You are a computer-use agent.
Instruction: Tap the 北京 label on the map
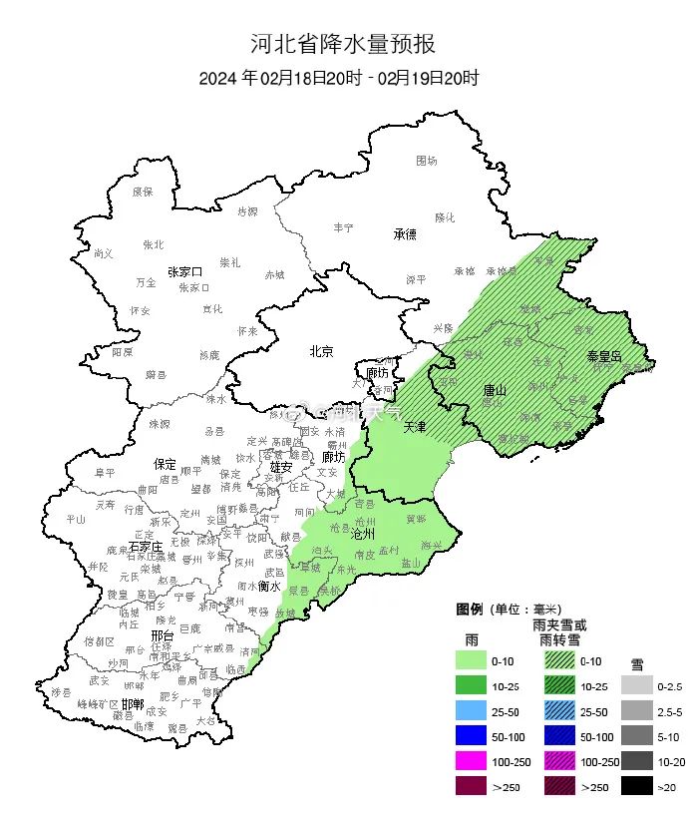[x=320, y=351]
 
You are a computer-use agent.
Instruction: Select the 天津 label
[x=415, y=427]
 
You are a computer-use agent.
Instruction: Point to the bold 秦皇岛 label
[x=603, y=356]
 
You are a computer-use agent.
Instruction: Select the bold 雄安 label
[x=280, y=466]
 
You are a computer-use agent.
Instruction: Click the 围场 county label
[x=426, y=160]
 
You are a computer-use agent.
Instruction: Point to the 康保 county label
[x=143, y=192]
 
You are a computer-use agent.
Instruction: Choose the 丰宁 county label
[x=343, y=228]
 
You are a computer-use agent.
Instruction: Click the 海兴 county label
[x=431, y=545]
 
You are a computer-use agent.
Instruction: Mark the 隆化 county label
[x=444, y=217]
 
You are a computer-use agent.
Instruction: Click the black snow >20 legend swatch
[x=637, y=788]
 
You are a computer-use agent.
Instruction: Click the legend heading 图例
[x=470, y=609]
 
